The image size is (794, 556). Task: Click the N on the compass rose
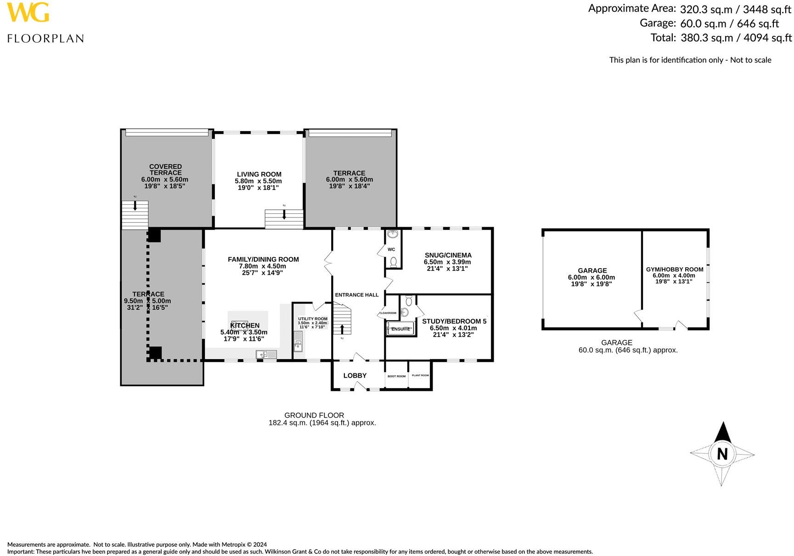[x=722, y=454]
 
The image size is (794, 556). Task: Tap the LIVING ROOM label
[x=259, y=174]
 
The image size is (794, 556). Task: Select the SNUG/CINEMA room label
[x=448, y=255]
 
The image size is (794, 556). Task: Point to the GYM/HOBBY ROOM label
[x=674, y=269]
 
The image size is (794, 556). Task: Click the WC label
[x=391, y=250]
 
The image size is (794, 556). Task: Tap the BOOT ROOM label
[x=396, y=376]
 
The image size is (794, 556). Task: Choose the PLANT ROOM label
[x=420, y=375]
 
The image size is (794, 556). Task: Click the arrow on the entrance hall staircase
[x=342, y=329]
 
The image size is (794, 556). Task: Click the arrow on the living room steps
[x=284, y=214]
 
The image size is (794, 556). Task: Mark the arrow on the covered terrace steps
[x=135, y=206]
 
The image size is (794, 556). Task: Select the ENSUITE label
[x=400, y=329]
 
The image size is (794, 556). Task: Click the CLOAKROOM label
[x=388, y=313]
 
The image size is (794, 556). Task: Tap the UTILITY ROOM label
[x=313, y=319]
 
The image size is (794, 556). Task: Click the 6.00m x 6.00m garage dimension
[x=591, y=277]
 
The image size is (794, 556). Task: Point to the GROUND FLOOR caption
[x=314, y=415]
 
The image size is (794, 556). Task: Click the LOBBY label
[x=355, y=376]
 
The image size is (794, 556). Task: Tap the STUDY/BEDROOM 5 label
[x=454, y=321]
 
